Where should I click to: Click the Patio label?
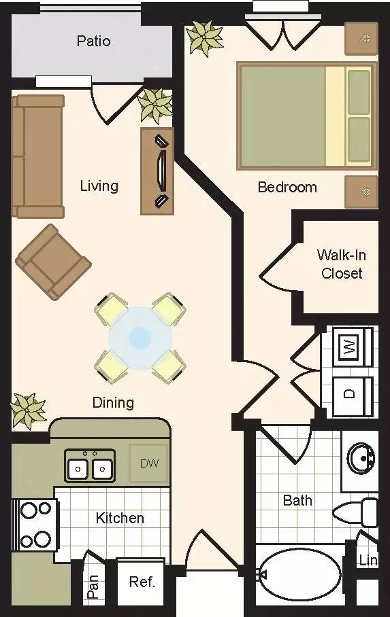pos(93,41)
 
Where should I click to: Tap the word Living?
pos(99,186)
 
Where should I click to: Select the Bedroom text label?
pos(287,187)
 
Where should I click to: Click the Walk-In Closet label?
pos(342,264)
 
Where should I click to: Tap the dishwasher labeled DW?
pos(149,464)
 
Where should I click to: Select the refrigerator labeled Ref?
pos(142,582)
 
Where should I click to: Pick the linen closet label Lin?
pos(368,560)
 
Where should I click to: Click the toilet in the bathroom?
pos(361,511)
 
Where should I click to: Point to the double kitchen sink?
pos(90,466)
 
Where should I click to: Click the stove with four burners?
pos(35,524)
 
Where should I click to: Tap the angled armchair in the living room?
pos(52,262)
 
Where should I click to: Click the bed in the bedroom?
pos(306,116)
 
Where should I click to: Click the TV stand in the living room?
pos(157,171)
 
